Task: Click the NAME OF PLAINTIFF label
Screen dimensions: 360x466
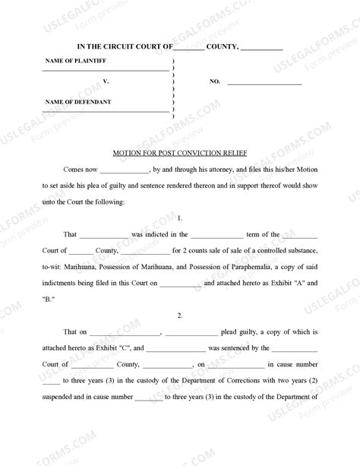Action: pos(75,61)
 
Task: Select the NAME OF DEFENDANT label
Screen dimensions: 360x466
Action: pos(78,101)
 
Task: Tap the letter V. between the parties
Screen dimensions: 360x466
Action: pos(106,81)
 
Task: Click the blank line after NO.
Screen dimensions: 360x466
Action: pos(266,82)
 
